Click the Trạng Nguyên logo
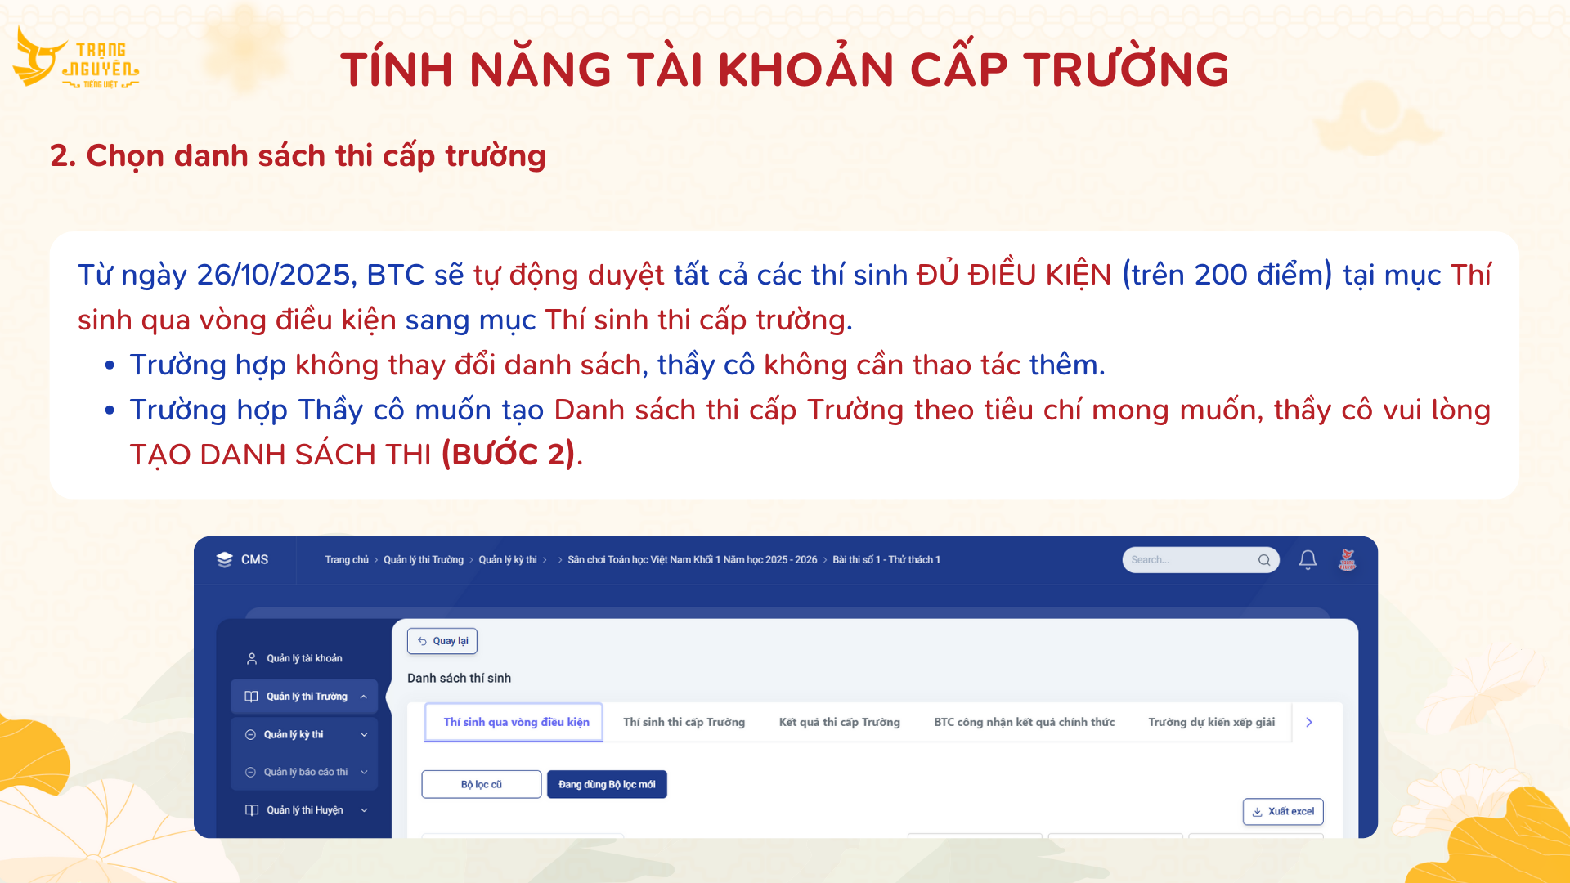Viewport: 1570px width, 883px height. pyautogui.click(x=75, y=57)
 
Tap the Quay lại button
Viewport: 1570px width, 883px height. pyautogui.click(x=442, y=641)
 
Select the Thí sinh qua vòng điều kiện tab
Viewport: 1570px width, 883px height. pyautogui.click(x=516, y=722)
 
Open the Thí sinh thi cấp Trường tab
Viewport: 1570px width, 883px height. pyautogui.click(x=684, y=722)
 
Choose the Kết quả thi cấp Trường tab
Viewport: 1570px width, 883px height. pyautogui.click(x=839, y=722)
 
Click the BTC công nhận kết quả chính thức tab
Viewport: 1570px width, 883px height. pyautogui.click(x=1024, y=722)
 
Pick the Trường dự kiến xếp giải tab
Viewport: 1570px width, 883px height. pyautogui.click(x=1211, y=722)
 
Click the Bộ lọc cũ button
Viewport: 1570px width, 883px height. pyautogui.click(x=482, y=784)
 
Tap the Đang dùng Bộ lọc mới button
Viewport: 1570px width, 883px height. pyautogui.click(x=607, y=784)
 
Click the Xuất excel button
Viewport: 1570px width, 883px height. pyautogui.click(x=1283, y=811)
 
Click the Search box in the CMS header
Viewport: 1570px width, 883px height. pyautogui.click(x=1200, y=560)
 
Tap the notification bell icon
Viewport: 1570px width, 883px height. pyautogui.click(x=1308, y=560)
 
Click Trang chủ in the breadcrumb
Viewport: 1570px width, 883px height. pyautogui.click(x=347, y=560)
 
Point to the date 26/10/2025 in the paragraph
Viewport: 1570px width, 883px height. pyautogui.click(x=273, y=275)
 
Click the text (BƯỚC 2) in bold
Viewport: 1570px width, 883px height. pyautogui.click(x=509, y=454)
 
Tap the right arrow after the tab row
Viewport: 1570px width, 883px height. pyautogui.click(x=1309, y=722)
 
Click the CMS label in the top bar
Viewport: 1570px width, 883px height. pyautogui.click(x=254, y=560)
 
